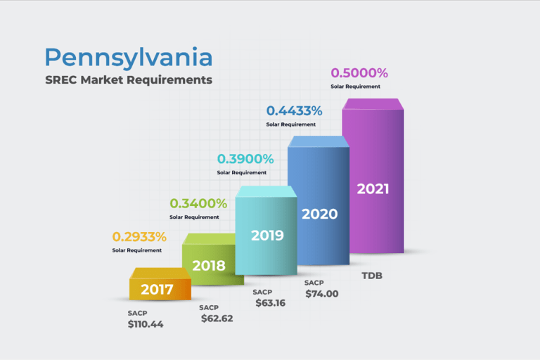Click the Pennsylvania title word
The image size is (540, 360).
[128, 57]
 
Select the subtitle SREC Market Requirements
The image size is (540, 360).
[128, 79]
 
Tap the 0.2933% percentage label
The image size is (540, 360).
[139, 237]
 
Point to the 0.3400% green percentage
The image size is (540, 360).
[198, 204]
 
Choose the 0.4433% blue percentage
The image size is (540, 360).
[294, 110]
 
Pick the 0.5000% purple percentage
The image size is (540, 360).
[359, 73]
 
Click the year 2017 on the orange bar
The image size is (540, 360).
[157, 289]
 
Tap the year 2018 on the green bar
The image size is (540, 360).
[209, 266]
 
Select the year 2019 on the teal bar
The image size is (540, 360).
[267, 235]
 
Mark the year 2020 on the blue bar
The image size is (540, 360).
[319, 214]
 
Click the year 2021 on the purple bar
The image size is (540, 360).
[373, 188]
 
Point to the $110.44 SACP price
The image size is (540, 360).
[146, 324]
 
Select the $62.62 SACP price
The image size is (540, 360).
[217, 319]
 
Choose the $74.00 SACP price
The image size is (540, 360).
[321, 294]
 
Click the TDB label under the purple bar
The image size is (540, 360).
[372, 275]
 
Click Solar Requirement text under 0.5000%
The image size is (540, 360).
[355, 86]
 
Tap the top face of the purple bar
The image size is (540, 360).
[373, 104]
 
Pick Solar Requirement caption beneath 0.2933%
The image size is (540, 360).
[137, 250]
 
